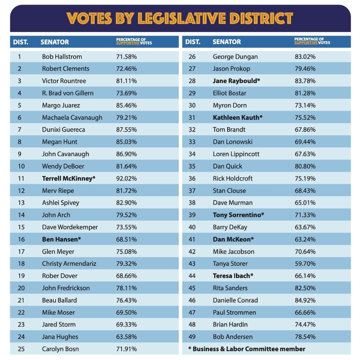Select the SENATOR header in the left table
pyautogui.click(x=55, y=42)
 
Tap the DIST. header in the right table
pyautogui.click(x=193, y=42)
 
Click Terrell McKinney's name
pyautogui.click(x=69, y=178)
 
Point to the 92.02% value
pyautogui.click(x=126, y=178)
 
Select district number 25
pyautogui.click(x=21, y=349)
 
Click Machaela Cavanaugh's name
pyautogui.click(x=72, y=117)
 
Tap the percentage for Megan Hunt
pyautogui.click(x=126, y=142)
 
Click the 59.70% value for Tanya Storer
pyautogui.click(x=305, y=264)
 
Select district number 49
pyautogui.click(x=192, y=337)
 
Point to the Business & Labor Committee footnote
pyautogui.click(x=247, y=349)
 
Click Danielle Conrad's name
pyautogui.click(x=235, y=300)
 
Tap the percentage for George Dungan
pyautogui.click(x=305, y=57)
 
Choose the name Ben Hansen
pyautogui.click(x=62, y=239)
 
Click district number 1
pyautogui.click(x=19, y=57)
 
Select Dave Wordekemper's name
pyautogui.click(x=70, y=227)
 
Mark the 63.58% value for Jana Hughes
pyautogui.click(x=126, y=337)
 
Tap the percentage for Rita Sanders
pyautogui.click(x=305, y=288)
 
